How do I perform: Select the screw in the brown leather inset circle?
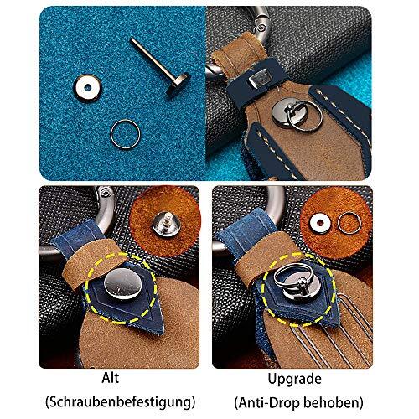coord(163,223)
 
